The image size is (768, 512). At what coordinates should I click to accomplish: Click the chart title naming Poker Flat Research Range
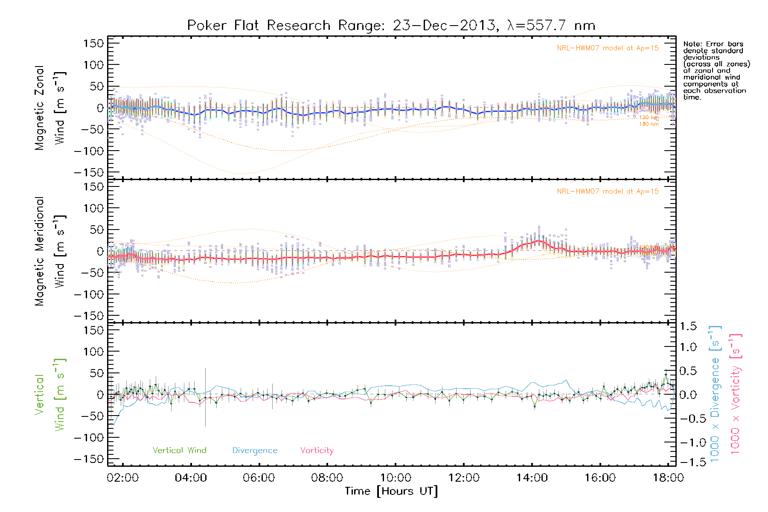point(391,26)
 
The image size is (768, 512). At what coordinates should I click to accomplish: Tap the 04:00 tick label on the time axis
point(191,478)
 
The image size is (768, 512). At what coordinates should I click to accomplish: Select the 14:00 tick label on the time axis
point(532,478)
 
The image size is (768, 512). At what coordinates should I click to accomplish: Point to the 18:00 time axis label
point(668,478)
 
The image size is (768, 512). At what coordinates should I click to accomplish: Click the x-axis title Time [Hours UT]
point(391,491)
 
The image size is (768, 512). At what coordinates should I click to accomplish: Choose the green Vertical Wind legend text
point(179,451)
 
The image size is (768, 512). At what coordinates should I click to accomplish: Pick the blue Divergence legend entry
point(255,451)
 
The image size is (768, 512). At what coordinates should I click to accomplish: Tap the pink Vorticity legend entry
point(317,451)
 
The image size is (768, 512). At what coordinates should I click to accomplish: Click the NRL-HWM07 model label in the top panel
point(608,48)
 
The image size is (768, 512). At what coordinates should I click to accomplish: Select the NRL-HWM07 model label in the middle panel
point(608,192)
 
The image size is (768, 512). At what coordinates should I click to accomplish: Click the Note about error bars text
point(716,70)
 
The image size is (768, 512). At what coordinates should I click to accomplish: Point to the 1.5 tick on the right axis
point(688,326)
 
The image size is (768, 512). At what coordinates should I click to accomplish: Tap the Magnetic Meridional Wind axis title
point(50,251)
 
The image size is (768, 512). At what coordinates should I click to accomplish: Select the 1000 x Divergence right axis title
point(715,395)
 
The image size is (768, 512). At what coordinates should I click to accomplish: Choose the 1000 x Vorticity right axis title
point(736,395)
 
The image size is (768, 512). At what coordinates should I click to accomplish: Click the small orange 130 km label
point(649,124)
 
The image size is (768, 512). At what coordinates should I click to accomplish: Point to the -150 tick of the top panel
point(89,172)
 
